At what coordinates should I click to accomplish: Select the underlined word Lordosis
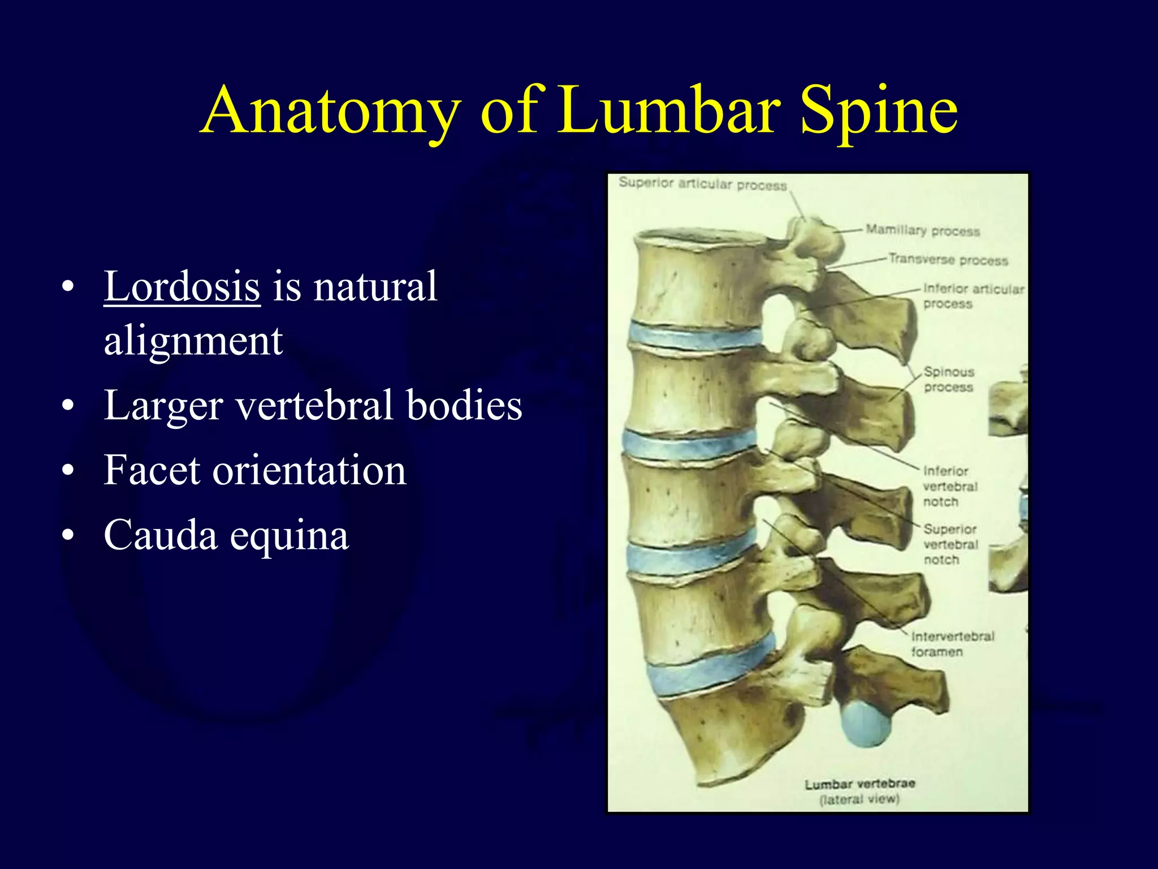click(182, 286)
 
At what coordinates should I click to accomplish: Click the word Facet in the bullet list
click(152, 470)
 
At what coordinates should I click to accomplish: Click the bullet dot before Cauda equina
click(68, 535)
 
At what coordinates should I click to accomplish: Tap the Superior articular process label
click(702, 184)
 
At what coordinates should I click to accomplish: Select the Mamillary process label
click(922, 230)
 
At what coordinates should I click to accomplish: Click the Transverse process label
click(948, 260)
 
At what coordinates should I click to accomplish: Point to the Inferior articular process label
click(973, 296)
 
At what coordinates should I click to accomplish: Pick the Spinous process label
click(949, 380)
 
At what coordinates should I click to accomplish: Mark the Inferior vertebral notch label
click(949, 486)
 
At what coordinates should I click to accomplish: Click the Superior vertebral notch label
click(950, 544)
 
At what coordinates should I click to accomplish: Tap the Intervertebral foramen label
click(952, 644)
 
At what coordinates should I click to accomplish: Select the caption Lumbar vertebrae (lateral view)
click(859, 791)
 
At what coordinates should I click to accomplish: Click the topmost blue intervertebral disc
click(695, 337)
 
